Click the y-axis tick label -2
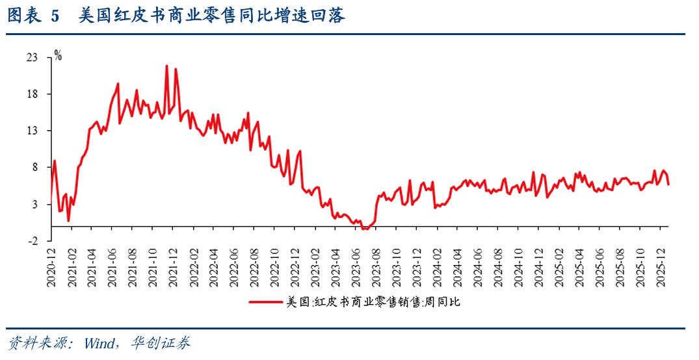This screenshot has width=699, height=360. coord(34,240)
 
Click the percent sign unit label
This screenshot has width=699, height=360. coord(58,56)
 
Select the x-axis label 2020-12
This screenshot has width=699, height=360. coord(51,264)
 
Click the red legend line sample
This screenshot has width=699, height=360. coord(265,302)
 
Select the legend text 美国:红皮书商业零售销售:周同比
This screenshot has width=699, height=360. coord(373,302)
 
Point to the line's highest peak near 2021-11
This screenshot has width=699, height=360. coord(166,66)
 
